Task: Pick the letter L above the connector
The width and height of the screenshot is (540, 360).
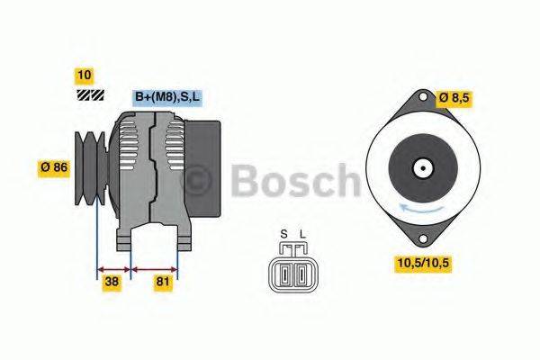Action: [x=302, y=236]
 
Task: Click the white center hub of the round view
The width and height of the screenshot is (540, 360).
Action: [x=421, y=167]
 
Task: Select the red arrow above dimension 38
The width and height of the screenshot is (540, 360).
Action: [x=113, y=267]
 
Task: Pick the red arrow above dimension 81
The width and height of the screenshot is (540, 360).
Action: [x=155, y=267]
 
